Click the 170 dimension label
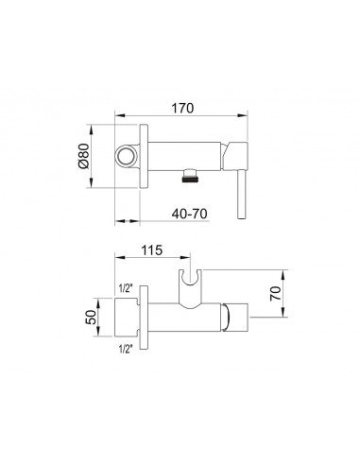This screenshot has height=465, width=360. (x=182, y=108)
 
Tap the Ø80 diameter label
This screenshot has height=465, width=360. (x=84, y=156)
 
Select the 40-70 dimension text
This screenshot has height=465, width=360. (x=190, y=214)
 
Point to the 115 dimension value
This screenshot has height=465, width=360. (x=151, y=250)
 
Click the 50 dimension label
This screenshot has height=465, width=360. (x=91, y=318)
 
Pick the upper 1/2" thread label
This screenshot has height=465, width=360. (x=126, y=288)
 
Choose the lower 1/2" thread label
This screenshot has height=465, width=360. (x=126, y=349)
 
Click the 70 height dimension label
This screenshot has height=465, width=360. (x=275, y=293)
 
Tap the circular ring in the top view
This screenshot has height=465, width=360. (x=126, y=157)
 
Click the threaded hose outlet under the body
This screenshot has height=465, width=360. (x=190, y=176)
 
